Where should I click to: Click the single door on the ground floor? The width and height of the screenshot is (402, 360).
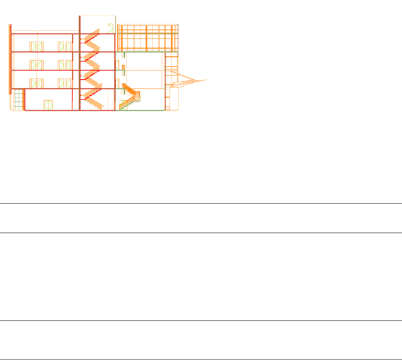(49, 105)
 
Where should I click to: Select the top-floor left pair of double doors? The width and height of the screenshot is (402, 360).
(36, 46)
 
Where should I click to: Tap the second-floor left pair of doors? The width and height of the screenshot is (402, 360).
(36, 65)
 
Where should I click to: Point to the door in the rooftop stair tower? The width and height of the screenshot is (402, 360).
(110, 29)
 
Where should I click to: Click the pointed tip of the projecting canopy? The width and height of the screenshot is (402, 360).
(206, 79)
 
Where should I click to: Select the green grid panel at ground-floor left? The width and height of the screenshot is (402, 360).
(18, 100)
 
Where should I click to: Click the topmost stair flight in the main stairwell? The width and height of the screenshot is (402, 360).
(92, 36)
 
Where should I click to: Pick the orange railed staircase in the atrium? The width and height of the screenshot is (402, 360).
(130, 98)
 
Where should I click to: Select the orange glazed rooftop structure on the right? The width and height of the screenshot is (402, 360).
(147, 38)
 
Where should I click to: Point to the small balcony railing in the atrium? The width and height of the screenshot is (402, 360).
(123, 67)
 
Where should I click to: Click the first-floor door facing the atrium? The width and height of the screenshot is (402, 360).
(117, 83)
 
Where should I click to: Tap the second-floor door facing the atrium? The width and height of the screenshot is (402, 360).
(117, 65)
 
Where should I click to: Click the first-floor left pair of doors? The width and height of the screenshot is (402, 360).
(36, 83)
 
